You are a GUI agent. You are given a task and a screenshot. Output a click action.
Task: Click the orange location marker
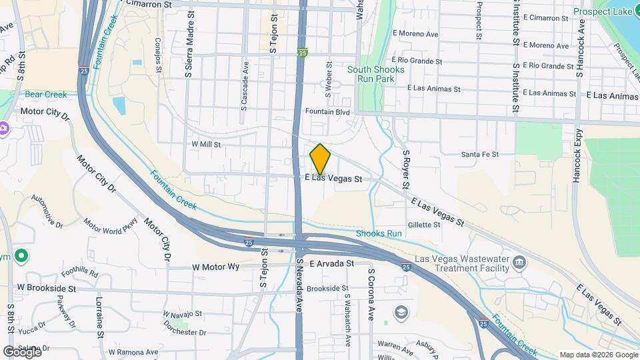pos(321,159)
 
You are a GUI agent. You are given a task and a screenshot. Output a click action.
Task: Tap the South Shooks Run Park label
pos(375,74)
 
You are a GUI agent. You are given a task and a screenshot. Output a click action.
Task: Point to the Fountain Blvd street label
pos(327,112)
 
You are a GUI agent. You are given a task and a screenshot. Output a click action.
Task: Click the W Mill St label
pos(206,144)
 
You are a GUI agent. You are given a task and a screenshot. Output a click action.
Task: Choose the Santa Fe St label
pos(480,155)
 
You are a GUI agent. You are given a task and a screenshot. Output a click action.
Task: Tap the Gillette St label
pos(424,225)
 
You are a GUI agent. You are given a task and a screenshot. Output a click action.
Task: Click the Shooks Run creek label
pos(379,233)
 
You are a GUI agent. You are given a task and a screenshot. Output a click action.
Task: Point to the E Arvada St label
pos(331,264)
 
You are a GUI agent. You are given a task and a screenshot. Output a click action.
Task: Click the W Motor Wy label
pos(215,267)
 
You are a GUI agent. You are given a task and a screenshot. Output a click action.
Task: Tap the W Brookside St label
pos(47,288)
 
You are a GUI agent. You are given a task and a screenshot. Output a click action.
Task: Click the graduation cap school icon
pos(400,312)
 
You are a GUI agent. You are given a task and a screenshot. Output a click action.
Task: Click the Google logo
pos(22,351)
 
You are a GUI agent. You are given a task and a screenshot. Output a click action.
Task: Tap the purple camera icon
pos(3,128)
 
